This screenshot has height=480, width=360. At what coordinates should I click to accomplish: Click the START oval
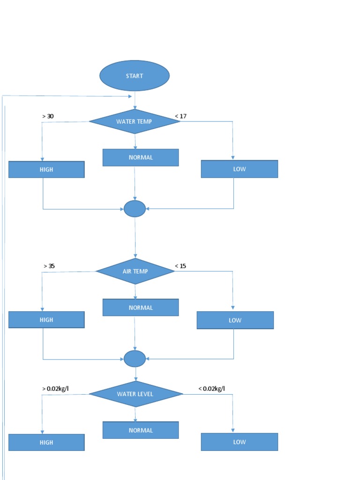[135, 76]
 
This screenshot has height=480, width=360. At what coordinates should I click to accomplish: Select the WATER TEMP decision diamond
[135, 121]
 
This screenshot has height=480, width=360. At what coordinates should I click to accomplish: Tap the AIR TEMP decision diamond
[135, 271]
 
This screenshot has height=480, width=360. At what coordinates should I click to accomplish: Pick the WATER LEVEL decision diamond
[135, 394]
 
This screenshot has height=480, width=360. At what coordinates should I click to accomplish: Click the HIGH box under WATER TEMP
[46, 170]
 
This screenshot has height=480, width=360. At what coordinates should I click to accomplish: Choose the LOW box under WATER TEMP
[239, 169]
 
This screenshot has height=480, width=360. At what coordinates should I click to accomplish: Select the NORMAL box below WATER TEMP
[141, 157]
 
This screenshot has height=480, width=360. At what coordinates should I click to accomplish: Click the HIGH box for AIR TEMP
[46, 320]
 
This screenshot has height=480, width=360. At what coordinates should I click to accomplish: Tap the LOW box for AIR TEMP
[235, 320]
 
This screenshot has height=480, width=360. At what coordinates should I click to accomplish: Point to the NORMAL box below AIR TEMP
[141, 307]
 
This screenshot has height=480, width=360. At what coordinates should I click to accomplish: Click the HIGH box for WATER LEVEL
[46, 442]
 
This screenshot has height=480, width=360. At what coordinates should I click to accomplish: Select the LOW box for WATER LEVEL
[239, 442]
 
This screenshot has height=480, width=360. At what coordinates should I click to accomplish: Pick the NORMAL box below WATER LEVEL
[141, 430]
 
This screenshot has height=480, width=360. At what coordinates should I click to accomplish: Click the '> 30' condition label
[48, 116]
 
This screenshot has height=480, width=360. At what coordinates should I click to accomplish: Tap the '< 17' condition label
[181, 116]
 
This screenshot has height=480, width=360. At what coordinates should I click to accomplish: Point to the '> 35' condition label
[49, 266]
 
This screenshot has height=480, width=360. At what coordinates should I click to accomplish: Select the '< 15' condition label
[180, 266]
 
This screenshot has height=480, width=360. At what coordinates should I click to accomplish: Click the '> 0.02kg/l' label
[55, 389]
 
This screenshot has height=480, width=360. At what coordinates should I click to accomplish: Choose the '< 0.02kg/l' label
[211, 389]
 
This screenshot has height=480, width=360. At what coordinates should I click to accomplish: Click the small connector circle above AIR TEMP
[135, 209]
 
